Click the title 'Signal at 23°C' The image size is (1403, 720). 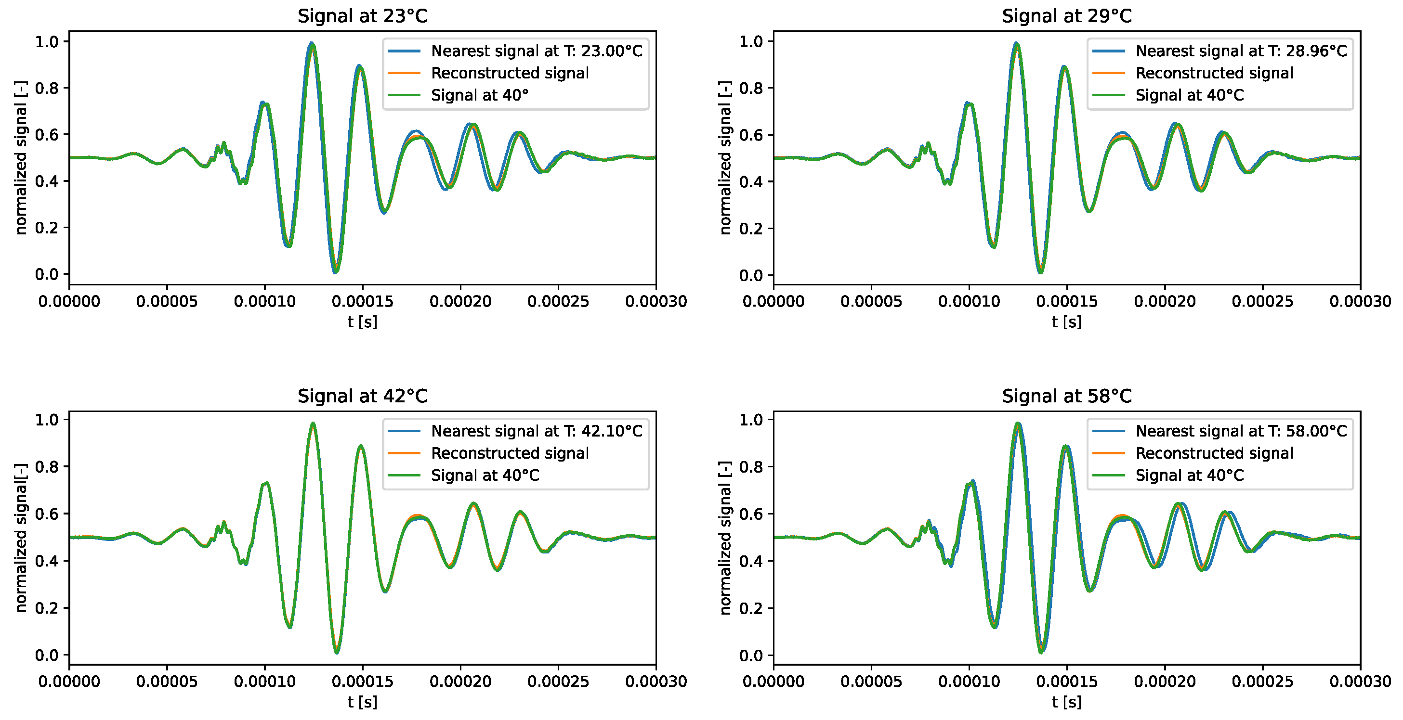pyautogui.click(x=362, y=16)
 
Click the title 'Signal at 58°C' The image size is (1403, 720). pyautogui.click(x=1066, y=396)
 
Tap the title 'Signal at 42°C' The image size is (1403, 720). pyautogui.click(x=362, y=396)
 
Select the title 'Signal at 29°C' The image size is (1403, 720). pyautogui.click(x=1066, y=16)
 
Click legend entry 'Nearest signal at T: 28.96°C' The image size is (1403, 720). pyautogui.click(x=1241, y=51)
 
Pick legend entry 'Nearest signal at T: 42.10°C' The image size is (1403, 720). pyautogui.click(x=537, y=431)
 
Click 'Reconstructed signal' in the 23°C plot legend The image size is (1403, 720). pyautogui.click(x=509, y=73)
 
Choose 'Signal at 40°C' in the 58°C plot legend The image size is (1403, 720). pyautogui.click(x=1190, y=475)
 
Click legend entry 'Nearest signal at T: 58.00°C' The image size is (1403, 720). pyautogui.click(x=1241, y=431)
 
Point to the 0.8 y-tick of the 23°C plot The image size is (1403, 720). pyautogui.click(x=46, y=88)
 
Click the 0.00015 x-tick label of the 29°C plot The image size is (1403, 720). pyautogui.click(x=1066, y=301)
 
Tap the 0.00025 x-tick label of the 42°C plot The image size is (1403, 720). pyautogui.click(x=558, y=681)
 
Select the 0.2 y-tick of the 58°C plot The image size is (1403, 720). pyautogui.click(x=750, y=608)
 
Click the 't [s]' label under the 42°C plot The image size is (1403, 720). pyautogui.click(x=362, y=702)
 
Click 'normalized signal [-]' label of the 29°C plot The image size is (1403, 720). pyautogui.click(x=725, y=158)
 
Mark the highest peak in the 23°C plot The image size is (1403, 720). pyautogui.click(x=312, y=43)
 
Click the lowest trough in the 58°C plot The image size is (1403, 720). pyautogui.click(x=1041, y=651)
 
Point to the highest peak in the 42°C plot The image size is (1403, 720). pyautogui.click(x=313, y=424)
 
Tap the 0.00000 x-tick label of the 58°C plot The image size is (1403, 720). pyautogui.click(x=773, y=681)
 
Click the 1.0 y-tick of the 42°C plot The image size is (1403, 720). pyautogui.click(x=46, y=420)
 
